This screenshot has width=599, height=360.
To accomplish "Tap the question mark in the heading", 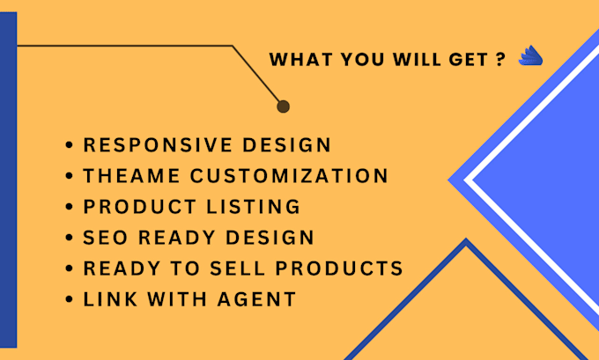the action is pos(501,60).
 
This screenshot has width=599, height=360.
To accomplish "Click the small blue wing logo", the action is pos(530,56).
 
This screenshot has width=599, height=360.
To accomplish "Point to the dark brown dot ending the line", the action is pos(283,107).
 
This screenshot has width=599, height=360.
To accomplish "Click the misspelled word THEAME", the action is pos(132,176).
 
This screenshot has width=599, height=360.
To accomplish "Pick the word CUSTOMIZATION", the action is pos(289,176).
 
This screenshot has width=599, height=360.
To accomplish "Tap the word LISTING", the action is pos(254,207).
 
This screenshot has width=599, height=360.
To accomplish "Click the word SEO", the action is pos(106,238).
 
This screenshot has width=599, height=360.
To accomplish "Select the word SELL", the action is pos(237,268).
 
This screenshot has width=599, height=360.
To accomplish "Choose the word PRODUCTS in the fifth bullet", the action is pos(339,268).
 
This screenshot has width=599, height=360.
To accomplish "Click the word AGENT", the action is pos(256,299).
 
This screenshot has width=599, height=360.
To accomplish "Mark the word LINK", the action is pos(110,299).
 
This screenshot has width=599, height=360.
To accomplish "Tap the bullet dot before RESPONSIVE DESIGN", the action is pos(69,145).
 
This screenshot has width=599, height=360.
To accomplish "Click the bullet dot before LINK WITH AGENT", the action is pos(69,299).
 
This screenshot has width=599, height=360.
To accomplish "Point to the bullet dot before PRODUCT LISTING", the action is pos(69,207).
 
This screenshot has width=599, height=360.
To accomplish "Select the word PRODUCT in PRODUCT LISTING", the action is pos(140,207).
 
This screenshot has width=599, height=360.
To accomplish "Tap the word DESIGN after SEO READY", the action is pos(270,238).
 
